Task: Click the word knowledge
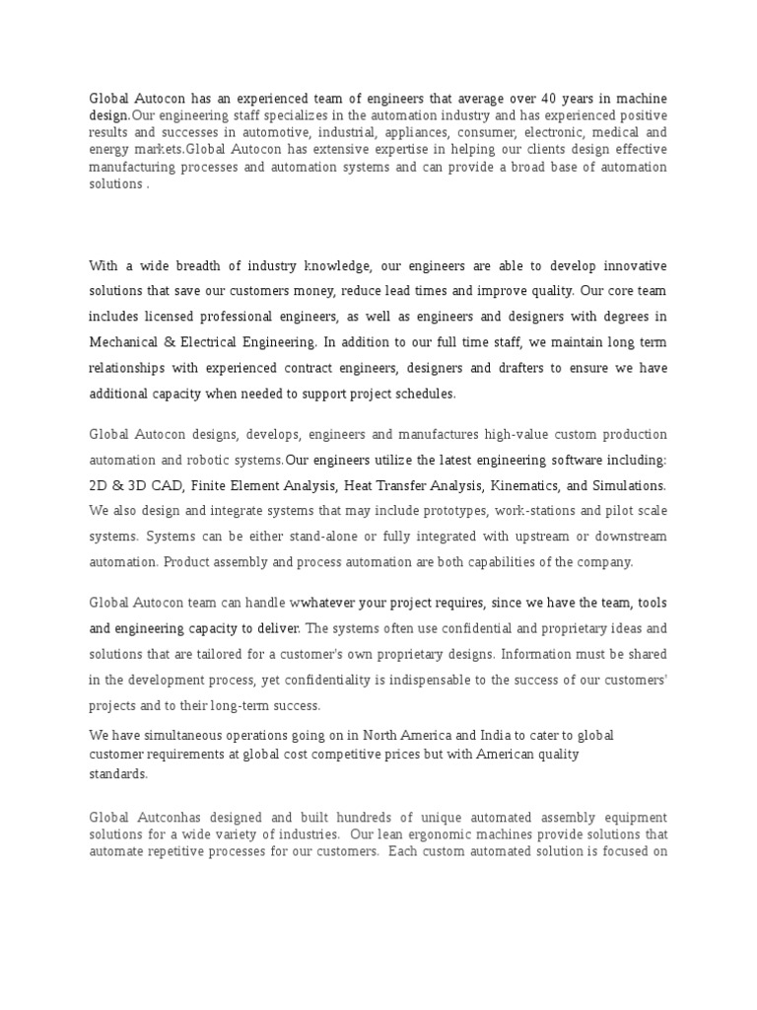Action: [x=337, y=266]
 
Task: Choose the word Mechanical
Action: [x=130, y=342]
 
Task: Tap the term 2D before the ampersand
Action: [x=101, y=485]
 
